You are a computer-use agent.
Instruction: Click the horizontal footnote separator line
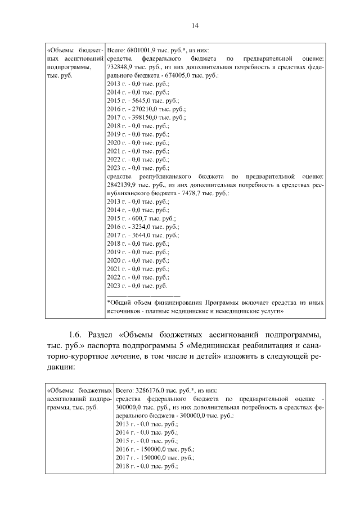coord(143,295)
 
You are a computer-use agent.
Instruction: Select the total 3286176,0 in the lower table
coord(149,389)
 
